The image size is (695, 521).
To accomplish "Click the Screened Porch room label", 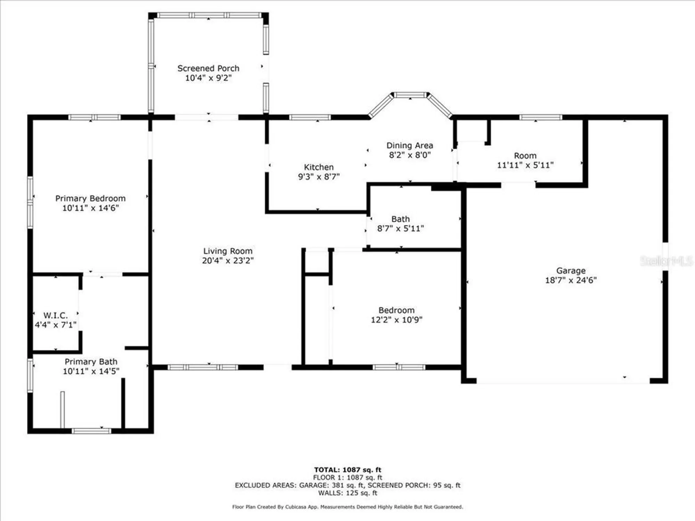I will [x=208, y=68].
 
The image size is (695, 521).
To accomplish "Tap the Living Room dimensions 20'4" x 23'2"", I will [x=228, y=260].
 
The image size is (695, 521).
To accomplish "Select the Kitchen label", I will [x=319, y=167].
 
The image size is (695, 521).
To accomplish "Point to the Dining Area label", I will [x=410, y=146].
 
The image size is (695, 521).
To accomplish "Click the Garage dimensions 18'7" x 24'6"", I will [x=571, y=280].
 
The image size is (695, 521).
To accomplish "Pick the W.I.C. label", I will [x=56, y=315].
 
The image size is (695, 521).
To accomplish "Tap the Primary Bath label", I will [x=91, y=362].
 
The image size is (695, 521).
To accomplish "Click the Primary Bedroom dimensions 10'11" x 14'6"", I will [x=90, y=208].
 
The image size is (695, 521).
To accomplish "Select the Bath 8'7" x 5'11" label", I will [x=400, y=224].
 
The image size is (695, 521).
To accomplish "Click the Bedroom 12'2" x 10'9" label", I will [x=396, y=315].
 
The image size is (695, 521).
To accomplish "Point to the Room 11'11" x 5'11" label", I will [x=525, y=160].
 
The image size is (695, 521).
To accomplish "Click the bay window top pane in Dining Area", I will [x=410, y=95].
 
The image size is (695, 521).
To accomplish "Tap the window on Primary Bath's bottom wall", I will [x=91, y=431].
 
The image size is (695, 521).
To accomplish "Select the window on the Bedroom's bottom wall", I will [x=399, y=367].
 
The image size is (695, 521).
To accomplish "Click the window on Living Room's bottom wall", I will [x=203, y=367].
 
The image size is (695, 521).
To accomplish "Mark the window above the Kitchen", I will [x=310, y=117].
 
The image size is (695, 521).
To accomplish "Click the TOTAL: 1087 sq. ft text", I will [x=347, y=470].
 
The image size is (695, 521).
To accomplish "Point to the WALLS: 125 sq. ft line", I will [x=347, y=493].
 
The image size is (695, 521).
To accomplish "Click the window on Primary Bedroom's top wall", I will [x=94, y=117].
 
